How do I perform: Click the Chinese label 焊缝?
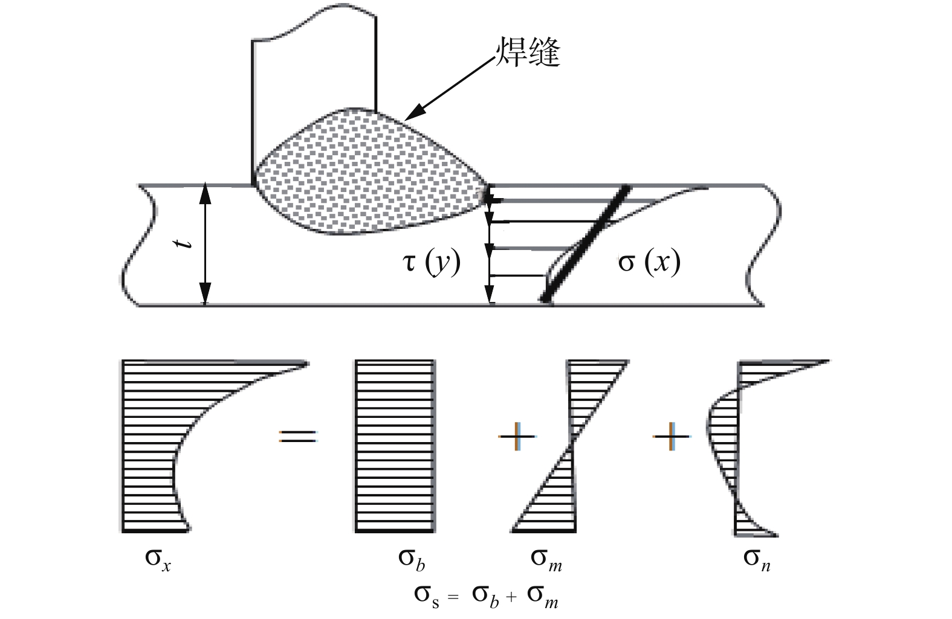(x=528, y=53)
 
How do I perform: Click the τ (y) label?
(x=432, y=263)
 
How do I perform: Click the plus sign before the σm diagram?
(x=517, y=436)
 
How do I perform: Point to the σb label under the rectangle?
(x=412, y=559)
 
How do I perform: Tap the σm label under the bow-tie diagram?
(x=546, y=559)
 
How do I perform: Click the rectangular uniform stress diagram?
(x=395, y=446)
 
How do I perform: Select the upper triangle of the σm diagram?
(x=589, y=386)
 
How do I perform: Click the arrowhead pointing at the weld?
(x=411, y=115)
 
